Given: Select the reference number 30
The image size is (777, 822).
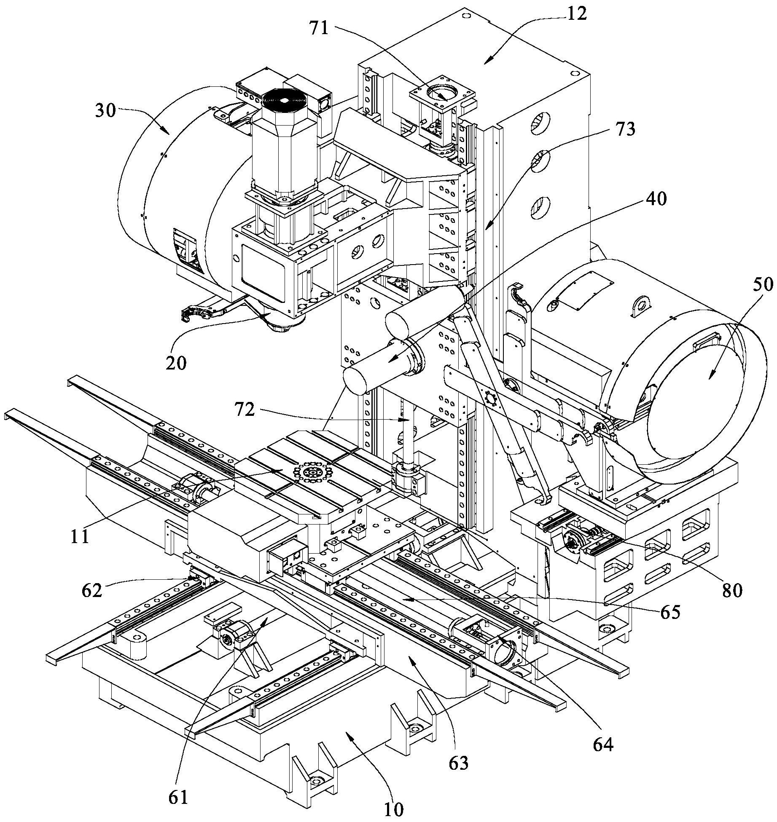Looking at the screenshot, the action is [105, 112].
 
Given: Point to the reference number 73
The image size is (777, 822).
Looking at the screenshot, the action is [624, 129].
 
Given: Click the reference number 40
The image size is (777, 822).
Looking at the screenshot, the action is [655, 198].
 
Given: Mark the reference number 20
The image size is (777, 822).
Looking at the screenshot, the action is [176, 362].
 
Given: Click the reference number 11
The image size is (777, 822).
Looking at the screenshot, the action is [80, 536].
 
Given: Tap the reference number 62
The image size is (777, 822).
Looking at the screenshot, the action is [92, 590].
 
